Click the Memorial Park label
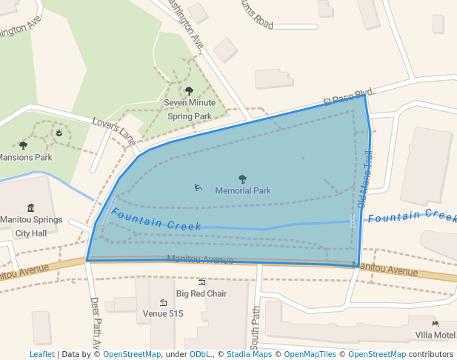(x=243, y=190)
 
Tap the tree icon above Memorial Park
(x=242, y=179)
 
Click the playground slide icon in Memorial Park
(x=198, y=187)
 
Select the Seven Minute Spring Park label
(x=190, y=109)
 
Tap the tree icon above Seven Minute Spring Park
(x=189, y=90)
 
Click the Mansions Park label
(x=25, y=157)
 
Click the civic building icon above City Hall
(x=30, y=207)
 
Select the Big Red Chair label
(x=201, y=293)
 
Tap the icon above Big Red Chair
(x=201, y=281)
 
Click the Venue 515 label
(x=162, y=313)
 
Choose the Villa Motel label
(x=436, y=335)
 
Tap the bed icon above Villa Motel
(x=436, y=324)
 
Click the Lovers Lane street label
(x=114, y=130)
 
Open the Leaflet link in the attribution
(x=41, y=354)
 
